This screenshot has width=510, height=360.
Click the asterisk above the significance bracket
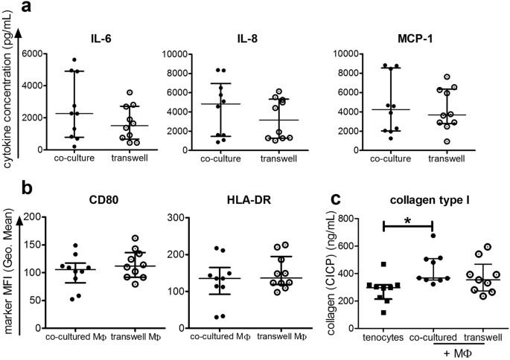407,221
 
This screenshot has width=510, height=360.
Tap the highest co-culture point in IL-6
73,60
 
